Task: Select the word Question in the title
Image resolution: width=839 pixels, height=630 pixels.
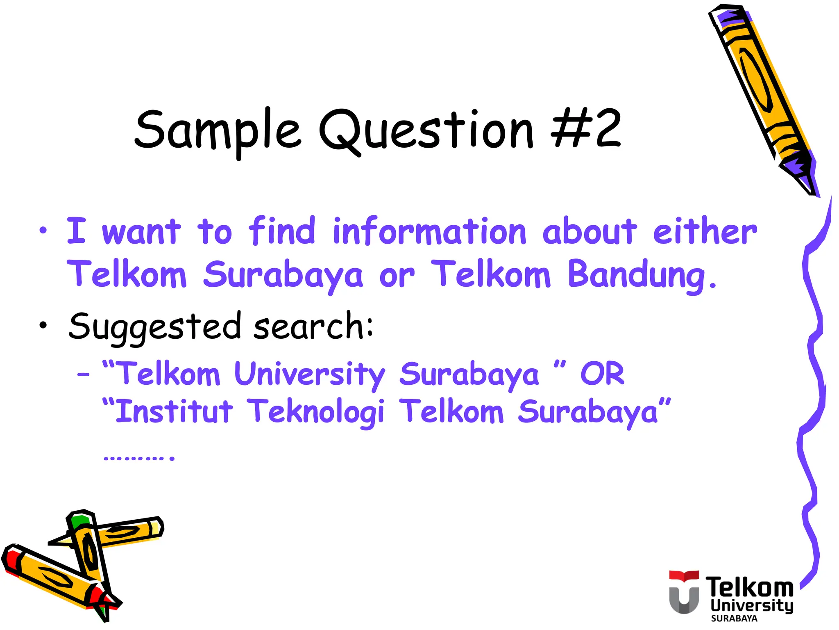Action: [426, 130]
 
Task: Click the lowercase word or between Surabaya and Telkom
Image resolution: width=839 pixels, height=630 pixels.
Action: [397, 276]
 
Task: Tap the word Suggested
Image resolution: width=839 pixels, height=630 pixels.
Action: [154, 327]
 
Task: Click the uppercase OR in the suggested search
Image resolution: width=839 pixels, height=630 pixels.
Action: [602, 374]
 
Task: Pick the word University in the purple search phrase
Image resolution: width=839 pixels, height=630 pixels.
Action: [310, 374]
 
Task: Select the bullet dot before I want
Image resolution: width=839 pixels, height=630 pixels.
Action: [43, 231]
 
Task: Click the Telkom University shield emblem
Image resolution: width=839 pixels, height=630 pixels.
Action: [684, 592]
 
